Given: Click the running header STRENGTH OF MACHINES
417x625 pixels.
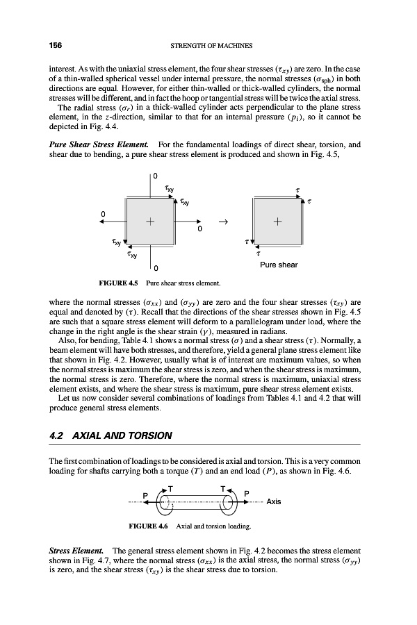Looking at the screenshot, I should [210, 46].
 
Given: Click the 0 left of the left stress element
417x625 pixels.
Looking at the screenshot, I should [102, 213].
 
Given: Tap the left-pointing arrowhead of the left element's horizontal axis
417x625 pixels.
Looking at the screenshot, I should [101, 223].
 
